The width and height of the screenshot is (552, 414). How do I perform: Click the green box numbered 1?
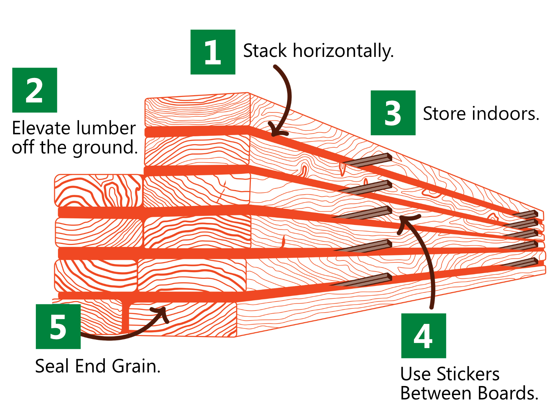(213, 52)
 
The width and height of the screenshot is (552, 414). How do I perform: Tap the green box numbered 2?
(34, 90)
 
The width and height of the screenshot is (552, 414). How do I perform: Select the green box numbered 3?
(393, 113)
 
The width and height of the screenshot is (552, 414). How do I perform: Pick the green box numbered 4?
(424, 336)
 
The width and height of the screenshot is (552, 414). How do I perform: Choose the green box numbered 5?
(58, 327)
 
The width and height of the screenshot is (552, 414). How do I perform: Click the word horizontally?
(343, 51)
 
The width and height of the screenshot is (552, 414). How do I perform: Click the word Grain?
(136, 366)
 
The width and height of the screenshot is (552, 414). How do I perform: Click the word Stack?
(265, 51)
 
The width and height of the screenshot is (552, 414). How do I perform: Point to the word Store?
(444, 114)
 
